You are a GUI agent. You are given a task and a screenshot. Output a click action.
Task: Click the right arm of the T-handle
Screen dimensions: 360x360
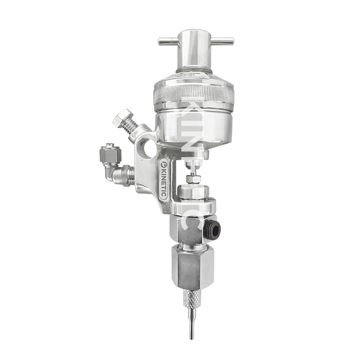222,41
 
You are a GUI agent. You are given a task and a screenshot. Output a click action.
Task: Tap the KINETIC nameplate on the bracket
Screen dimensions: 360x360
164,178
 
